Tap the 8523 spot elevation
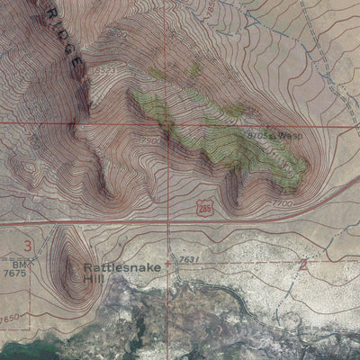click(x=106, y=70)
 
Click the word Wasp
click(x=290, y=135)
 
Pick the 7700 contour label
click(x=283, y=205)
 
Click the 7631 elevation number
click(x=187, y=259)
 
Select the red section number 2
click(x=302, y=265)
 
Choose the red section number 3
click(x=28, y=245)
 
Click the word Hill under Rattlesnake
click(x=94, y=279)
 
